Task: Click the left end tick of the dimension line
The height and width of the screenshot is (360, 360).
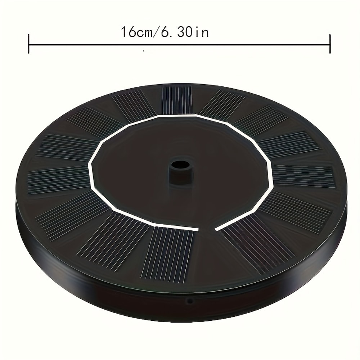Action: [x=28, y=44]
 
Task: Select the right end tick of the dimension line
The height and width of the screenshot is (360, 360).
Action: [x=330, y=44]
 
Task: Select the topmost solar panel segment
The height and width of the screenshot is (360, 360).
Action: [x=176, y=100]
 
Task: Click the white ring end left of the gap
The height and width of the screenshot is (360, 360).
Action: [x=197, y=229]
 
